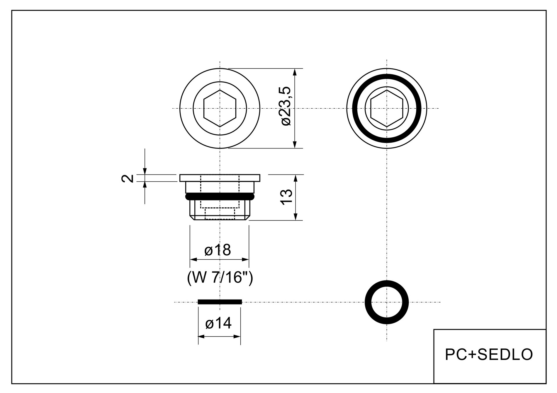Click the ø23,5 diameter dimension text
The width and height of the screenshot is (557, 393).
click(x=286, y=106)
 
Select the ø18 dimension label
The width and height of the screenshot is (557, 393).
click(x=218, y=250)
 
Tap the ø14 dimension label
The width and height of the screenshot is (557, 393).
click(x=218, y=323)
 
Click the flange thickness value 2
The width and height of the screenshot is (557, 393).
click(x=128, y=178)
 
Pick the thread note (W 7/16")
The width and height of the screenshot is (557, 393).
click(x=220, y=278)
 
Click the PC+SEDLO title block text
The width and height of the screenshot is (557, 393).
click(x=489, y=354)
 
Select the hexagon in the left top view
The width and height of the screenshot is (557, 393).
click(x=220, y=108)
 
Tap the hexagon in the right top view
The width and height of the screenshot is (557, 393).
click(x=387, y=108)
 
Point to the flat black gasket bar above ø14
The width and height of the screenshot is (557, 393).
click(x=220, y=302)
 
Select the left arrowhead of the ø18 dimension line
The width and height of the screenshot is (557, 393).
click(x=193, y=259)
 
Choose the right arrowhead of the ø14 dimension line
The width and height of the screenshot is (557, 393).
click(x=238, y=336)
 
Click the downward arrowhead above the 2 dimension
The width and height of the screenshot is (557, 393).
click(x=145, y=171)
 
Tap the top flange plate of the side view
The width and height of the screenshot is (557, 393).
click(x=220, y=178)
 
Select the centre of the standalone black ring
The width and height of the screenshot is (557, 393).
click(x=387, y=302)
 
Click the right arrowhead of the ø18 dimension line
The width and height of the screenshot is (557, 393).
click(x=246, y=259)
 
